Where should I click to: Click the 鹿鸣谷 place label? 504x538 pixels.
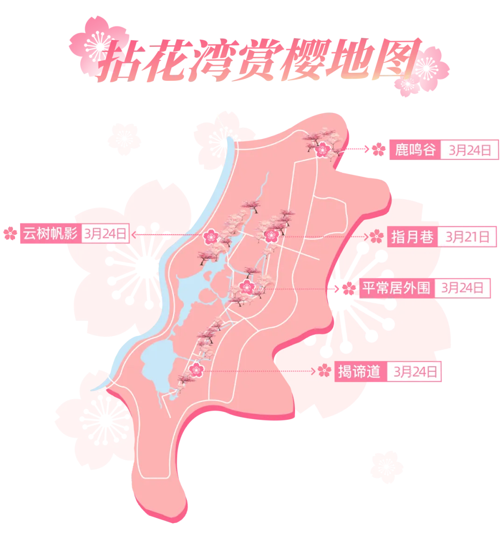click(x=415, y=150)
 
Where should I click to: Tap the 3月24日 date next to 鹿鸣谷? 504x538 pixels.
click(x=469, y=150)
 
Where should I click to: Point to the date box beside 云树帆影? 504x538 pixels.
click(x=105, y=233)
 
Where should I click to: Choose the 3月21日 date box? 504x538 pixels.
click(x=468, y=237)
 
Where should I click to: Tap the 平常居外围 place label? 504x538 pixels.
click(x=396, y=288)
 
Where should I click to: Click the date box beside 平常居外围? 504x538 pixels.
click(x=462, y=288)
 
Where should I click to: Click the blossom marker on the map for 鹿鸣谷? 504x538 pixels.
click(x=322, y=150)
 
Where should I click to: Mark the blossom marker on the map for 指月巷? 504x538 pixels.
click(x=271, y=236)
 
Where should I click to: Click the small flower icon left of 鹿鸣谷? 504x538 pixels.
click(x=377, y=150)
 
